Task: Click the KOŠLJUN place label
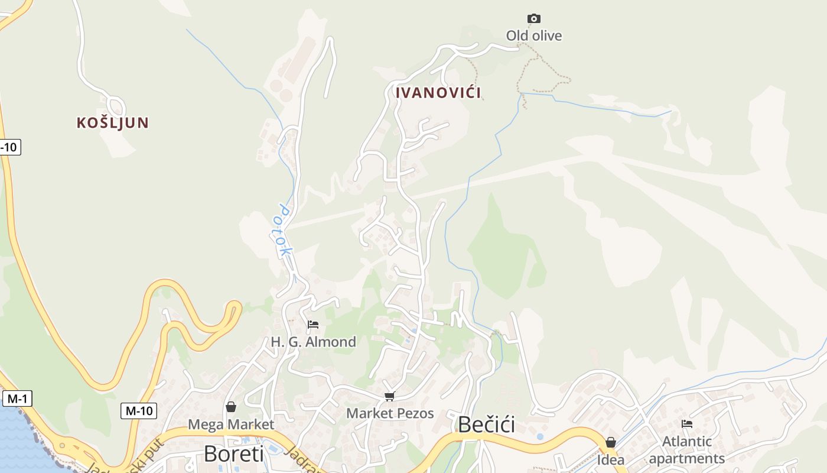click(x=112, y=123)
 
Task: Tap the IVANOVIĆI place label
click(x=438, y=93)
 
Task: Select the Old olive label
click(x=534, y=35)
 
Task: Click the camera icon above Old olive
click(x=534, y=19)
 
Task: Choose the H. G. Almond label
click(x=313, y=342)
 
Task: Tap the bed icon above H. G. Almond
click(x=313, y=325)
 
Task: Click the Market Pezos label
click(x=390, y=413)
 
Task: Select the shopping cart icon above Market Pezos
click(x=389, y=396)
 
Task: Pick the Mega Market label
click(x=231, y=425)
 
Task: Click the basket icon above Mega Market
click(x=231, y=407)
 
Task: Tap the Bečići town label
click(x=486, y=425)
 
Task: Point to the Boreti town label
click(x=233, y=454)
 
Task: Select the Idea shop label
click(x=611, y=459)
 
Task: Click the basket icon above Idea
click(x=611, y=442)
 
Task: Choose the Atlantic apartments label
click(x=686, y=450)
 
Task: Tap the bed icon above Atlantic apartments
click(x=686, y=423)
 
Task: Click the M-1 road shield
click(x=17, y=399)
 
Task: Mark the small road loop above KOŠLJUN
click(x=116, y=106)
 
